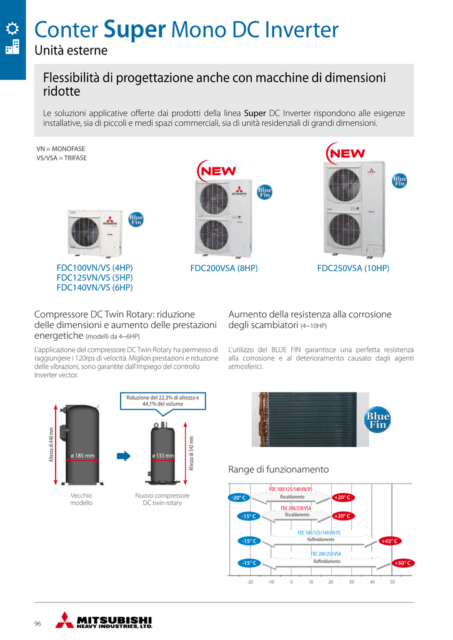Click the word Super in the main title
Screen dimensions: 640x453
tap(134, 29)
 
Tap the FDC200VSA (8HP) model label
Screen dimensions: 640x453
tap(224, 268)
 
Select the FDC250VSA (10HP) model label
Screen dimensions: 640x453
tap(353, 268)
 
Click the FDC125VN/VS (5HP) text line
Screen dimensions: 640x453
tap(94, 277)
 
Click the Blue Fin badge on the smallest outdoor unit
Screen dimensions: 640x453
tap(136, 219)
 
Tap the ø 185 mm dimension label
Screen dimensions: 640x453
tap(82, 456)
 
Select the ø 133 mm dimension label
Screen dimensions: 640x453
tap(162, 456)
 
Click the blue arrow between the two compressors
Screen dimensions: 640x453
tap(125, 456)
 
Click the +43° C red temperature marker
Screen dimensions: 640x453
tap(389, 541)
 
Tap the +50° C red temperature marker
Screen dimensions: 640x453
tap(404, 563)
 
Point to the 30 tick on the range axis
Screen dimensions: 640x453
tap(352, 582)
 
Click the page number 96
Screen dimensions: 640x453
tap(38, 624)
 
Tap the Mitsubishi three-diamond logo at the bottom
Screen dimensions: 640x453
tap(64, 619)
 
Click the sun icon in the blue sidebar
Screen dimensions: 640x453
tap(12, 28)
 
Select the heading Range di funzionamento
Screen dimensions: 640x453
tap(278, 469)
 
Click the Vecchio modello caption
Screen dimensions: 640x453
tap(81, 499)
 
